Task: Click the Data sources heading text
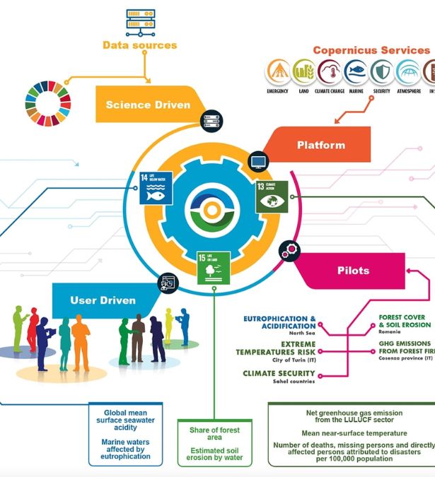(x=139, y=45)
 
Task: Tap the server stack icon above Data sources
(x=140, y=22)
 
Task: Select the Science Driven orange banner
(x=148, y=105)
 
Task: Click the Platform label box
(x=321, y=145)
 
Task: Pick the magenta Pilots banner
(x=353, y=271)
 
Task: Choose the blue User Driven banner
(x=103, y=300)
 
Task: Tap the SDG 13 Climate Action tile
(x=270, y=195)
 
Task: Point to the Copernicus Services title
(x=371, y=50)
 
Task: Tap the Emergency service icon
(x=277, y=73)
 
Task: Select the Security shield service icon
(x=381, y=73)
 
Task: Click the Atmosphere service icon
(x=407, y=73)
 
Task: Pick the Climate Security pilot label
(x=279, y=374)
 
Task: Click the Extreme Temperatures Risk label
(x=276, y=347)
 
